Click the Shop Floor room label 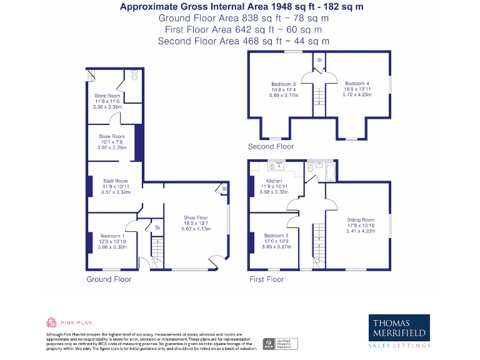point(195,217)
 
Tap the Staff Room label point(116,181)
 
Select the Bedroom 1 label point(112,236)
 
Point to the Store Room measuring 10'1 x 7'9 point(112,136)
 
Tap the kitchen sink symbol point(275,166)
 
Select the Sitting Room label point(361,220)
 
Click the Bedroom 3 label point(283,84)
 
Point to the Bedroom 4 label point(357,84)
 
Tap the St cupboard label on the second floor point(319,59)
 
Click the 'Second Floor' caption point(271,146)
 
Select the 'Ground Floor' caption point(109,279)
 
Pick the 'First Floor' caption point(266,279)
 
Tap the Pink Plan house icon point(51,322)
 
